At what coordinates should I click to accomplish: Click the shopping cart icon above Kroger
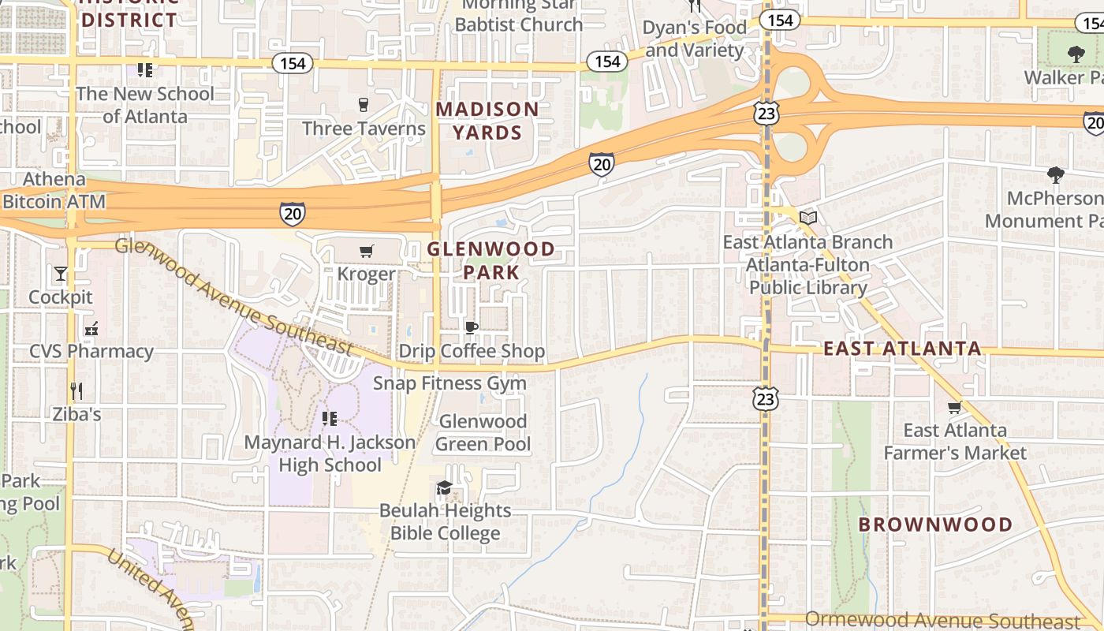[366, 252]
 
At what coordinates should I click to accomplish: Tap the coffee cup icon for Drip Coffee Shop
[472, 327]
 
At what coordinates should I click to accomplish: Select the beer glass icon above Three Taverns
[364, 105]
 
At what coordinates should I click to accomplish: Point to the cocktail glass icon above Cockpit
[61, 274]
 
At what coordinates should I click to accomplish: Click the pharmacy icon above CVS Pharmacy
[91, 328]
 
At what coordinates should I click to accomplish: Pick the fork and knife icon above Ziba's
[76, 390]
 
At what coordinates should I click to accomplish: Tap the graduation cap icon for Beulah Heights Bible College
[445, 487]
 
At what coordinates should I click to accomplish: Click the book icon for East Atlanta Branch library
[807, 218]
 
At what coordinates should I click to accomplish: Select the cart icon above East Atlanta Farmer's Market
[954, 408]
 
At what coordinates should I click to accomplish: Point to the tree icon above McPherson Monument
[1055, 175]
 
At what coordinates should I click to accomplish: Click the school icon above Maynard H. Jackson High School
[330, 419]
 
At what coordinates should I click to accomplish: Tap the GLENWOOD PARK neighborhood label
[490, 261]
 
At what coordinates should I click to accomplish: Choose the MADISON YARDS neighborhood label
[487, 121]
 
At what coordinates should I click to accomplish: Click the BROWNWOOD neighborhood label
[935, 525]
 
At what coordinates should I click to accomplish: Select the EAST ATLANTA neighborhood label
[902, 349]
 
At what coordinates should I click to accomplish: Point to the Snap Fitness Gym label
[449, 383]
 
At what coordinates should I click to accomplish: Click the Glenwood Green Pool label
[483, 433]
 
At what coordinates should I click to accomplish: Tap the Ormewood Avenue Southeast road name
[942, 620]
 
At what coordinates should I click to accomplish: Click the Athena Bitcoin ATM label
[54, 190]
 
